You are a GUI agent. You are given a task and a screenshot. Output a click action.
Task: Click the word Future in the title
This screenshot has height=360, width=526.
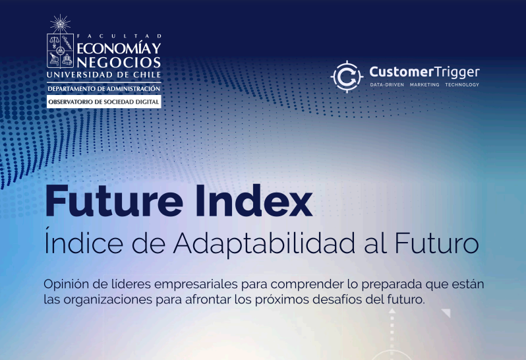[114, 200]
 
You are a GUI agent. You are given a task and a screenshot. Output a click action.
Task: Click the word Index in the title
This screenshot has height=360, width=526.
[254, 200]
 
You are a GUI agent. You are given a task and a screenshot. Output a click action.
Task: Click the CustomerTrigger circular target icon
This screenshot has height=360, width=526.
[347, 76]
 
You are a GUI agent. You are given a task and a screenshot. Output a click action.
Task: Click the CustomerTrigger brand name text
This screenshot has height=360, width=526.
[424, 73]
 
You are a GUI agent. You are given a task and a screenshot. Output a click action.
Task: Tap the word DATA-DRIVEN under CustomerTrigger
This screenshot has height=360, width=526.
[387, 84]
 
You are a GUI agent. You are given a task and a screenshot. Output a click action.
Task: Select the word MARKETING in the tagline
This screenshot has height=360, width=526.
[424, 84]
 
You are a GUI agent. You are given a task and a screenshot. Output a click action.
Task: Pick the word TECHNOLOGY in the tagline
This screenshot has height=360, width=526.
[462, 84]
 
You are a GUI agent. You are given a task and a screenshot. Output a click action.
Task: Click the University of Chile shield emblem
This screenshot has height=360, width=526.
[61, 51]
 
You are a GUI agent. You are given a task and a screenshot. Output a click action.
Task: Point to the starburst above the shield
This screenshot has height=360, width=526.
[61, 24]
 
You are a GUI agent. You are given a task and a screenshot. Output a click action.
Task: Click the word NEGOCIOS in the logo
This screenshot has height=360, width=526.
[119, 63]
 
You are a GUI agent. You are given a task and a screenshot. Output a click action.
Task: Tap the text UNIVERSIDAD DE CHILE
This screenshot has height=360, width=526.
[103, 75]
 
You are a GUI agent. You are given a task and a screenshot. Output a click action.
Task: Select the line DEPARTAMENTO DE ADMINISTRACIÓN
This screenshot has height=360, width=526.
[103, 89]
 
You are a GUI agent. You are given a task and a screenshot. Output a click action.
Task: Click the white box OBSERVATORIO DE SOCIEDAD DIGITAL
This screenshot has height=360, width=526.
[103, 102]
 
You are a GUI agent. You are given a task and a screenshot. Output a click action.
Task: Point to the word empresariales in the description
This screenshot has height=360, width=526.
[196, 285]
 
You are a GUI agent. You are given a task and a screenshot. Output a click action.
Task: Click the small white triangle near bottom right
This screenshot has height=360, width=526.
[446, 313]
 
